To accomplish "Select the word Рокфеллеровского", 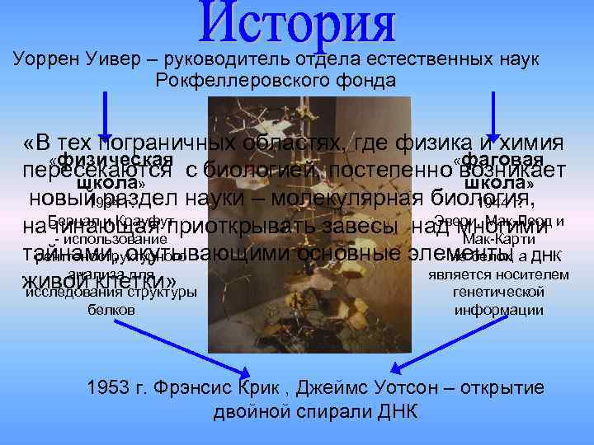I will coord(247,81).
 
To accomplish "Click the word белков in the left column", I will coord(111,310).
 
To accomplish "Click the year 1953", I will coord(105,388).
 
